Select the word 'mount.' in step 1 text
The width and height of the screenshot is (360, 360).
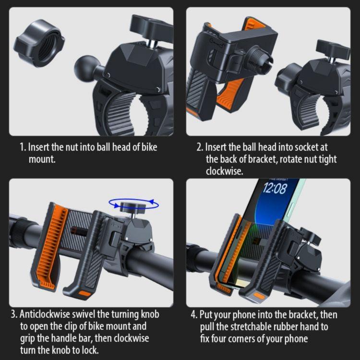tap(42, 159)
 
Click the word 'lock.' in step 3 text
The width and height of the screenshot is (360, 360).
tap(88, 350)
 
